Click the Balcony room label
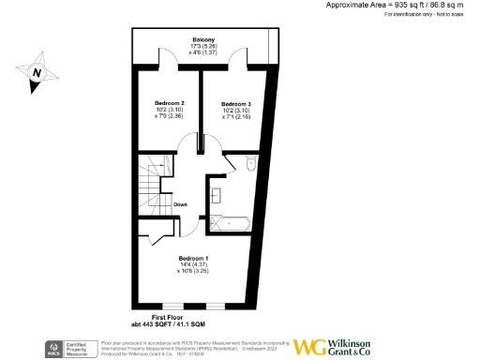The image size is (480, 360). coord(203,39)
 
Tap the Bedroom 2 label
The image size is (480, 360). coord(169,102)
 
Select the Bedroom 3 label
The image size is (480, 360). coord(236,102)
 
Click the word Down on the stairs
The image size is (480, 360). coord(180,203)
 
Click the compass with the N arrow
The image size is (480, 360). coord(36,72)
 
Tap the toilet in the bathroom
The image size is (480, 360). coord(250,165)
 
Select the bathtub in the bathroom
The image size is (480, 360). coord(229,223)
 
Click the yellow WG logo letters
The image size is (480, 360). coord(310,346)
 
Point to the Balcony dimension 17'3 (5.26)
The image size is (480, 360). coord(203,46)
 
